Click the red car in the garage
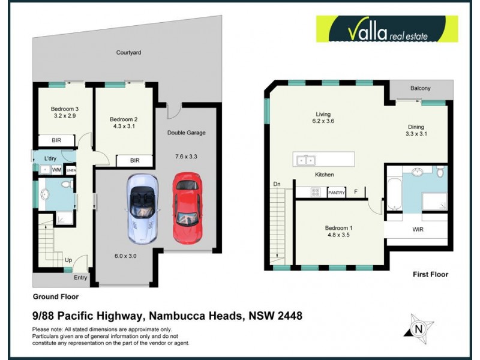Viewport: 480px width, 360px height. (x=186, y=207)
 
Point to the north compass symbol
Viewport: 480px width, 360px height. (x=418, y=328)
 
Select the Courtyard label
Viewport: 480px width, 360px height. (x=128, y=53)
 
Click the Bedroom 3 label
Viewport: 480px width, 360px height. (x=64, y=109)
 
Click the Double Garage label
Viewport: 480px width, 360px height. (x=186, y=133)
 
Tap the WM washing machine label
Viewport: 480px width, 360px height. (x=57, y=170)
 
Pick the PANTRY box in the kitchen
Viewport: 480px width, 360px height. (x=337, y=193)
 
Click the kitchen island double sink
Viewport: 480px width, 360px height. (x=306, y=160)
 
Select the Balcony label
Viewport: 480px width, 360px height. (x=420, y=89)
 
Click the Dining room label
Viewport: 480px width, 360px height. (x=416, y=127)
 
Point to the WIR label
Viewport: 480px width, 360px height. (x=418, y=229)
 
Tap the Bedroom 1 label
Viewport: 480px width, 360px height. (x=338, y=228)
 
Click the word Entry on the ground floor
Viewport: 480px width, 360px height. (x=80, y=277)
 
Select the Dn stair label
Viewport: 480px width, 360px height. (x=277, y=184)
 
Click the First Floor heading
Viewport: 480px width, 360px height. (x=430, y=274)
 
